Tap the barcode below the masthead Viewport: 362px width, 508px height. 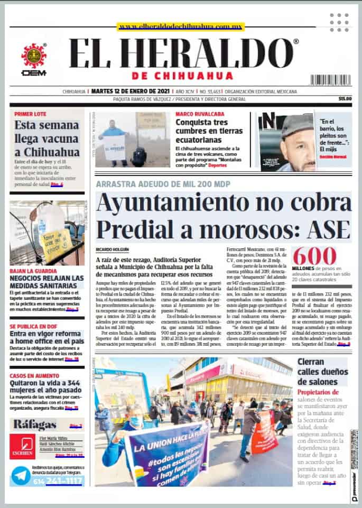point(330,80)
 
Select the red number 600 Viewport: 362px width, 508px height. point(314,256)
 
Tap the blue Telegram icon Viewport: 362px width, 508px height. point(21,476)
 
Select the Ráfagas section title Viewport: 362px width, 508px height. point(35,424)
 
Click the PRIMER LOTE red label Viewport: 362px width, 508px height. point(30,114)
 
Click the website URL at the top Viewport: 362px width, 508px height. point(181,26)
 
